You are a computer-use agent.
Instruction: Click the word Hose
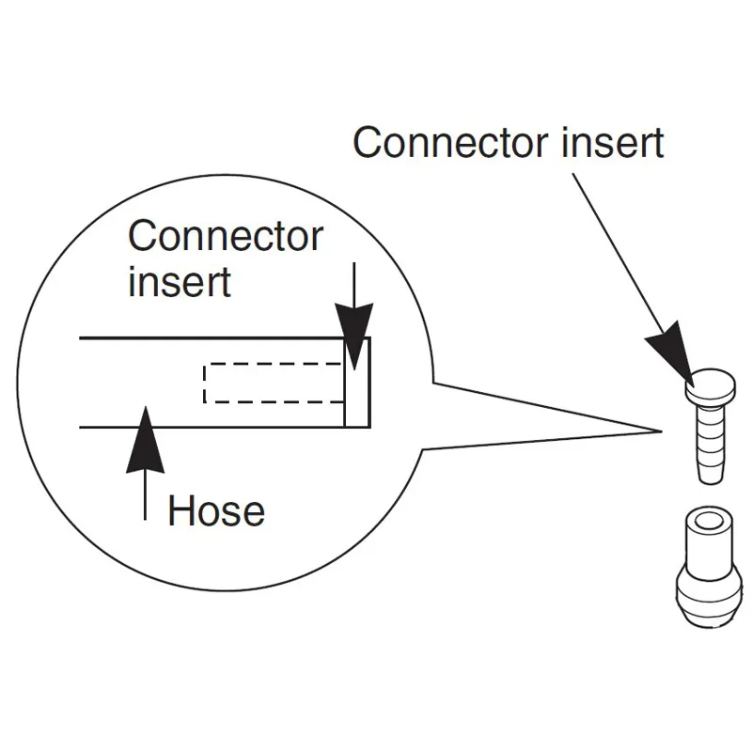click(x=216, y=511)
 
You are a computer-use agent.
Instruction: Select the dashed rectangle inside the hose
click(x=274, y=383)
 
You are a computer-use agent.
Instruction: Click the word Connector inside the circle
click(x=226, y=236)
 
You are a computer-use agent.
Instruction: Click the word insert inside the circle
click(x=180, y=281)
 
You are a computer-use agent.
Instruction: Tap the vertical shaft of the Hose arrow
click(x=146, y=493)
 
